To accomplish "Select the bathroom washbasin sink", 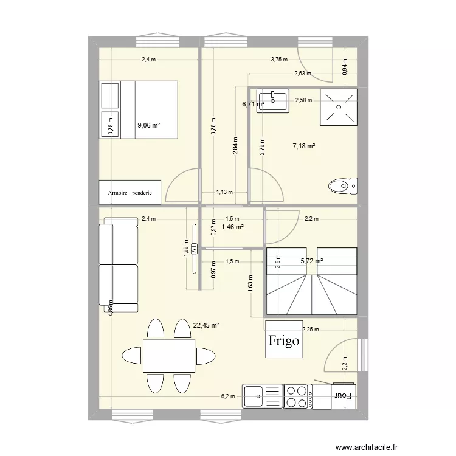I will click(273, 101).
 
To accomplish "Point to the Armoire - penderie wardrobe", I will click(130, 192).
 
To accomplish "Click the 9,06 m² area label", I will click(148, 126).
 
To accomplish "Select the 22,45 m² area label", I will click(206, 326).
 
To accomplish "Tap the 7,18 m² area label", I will click(303, 146).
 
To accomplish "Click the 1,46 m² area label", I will click(232, 227).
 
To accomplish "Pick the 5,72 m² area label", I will click(311, 261).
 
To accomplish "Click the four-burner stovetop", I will click(298, 395).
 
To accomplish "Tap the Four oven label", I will click(343, 396).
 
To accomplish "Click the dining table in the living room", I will click(169, 356).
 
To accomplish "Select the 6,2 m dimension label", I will click(229, 396).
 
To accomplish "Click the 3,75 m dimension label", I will click(279, 60).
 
